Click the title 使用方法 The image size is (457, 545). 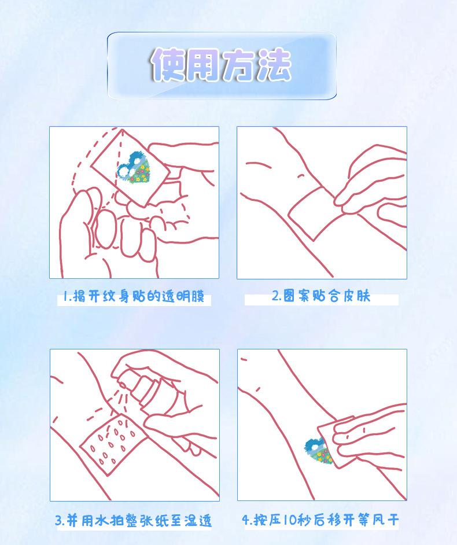[221, 65]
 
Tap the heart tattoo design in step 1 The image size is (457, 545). [134, 168]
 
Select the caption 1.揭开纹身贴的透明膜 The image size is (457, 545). [134, 297]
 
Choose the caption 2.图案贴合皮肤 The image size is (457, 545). [321, 296]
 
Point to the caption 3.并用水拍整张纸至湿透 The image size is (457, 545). [134, 520]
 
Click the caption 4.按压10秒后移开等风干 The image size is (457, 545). [320, 520]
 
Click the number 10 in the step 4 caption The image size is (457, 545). [290, 520]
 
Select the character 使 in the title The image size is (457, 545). [168, 65]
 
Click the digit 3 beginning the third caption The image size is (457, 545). [59, 521]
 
